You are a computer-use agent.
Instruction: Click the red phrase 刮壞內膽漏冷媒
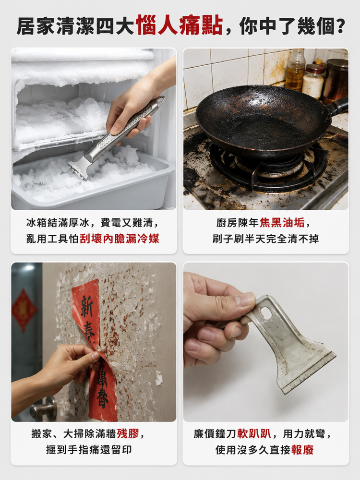120,239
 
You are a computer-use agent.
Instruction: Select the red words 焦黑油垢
282,223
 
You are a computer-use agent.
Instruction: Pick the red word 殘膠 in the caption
128,433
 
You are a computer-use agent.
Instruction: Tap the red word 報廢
302,450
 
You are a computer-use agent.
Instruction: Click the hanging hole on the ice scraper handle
160,99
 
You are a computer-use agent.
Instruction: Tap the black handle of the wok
337,107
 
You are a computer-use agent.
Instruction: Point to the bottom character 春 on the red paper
103,399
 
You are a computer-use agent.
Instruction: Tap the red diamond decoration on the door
24,310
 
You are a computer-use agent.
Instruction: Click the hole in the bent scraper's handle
266,313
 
